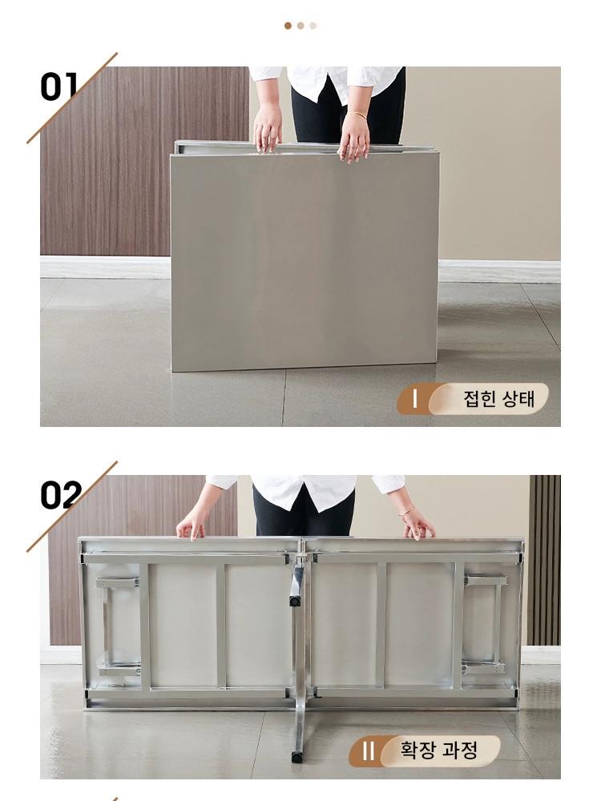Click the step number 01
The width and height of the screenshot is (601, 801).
click(x=58, y=87)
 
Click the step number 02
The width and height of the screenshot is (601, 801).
click(x=61, y=494)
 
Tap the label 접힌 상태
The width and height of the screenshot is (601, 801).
click(x=498, y=398)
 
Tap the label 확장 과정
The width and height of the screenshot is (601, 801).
click(x=438, y=751)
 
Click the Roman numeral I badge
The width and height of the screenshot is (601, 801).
click(x=414, y=398)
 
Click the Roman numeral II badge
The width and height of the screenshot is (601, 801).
click(x=368, y=751)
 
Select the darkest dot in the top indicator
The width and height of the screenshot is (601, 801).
click(x=288, y=26)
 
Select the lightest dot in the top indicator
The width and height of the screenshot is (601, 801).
click(x=313, y=26)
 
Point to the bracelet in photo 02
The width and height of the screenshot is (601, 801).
click(x=406, y=510)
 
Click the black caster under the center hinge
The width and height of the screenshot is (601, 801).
click(x=295, y=601)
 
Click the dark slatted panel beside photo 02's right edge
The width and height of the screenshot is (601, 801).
click(x=544, y=560)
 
